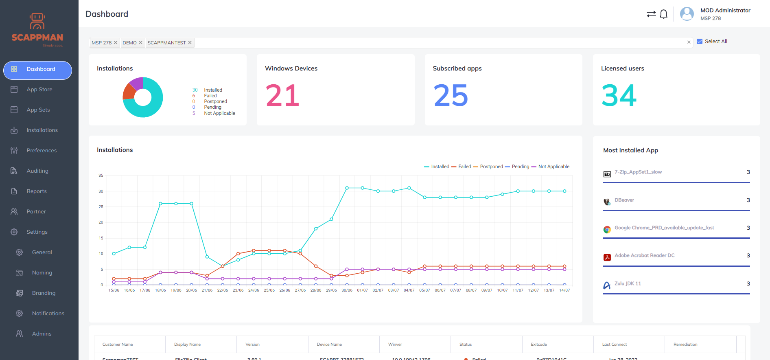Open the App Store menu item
pos(39,90)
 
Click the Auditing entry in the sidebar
pos(37,171)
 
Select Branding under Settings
pos(44,293)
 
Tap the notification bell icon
pos(663,14)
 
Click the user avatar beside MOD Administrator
pos(687,14)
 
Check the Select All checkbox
pos(700,42)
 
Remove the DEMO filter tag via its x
pos(140,43)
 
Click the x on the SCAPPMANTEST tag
pos(190,43)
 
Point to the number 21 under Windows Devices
pos(282,96)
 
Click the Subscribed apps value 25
pos(451,96)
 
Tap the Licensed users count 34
pos(619,96)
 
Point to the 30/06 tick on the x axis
pos(347,290)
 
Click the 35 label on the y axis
pos(101,176)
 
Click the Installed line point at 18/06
pos(160,204)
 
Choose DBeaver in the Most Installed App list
pos(624,200)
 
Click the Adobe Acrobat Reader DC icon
pos(607,257)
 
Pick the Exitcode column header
pos(539,345)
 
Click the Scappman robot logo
pos(37,21)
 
